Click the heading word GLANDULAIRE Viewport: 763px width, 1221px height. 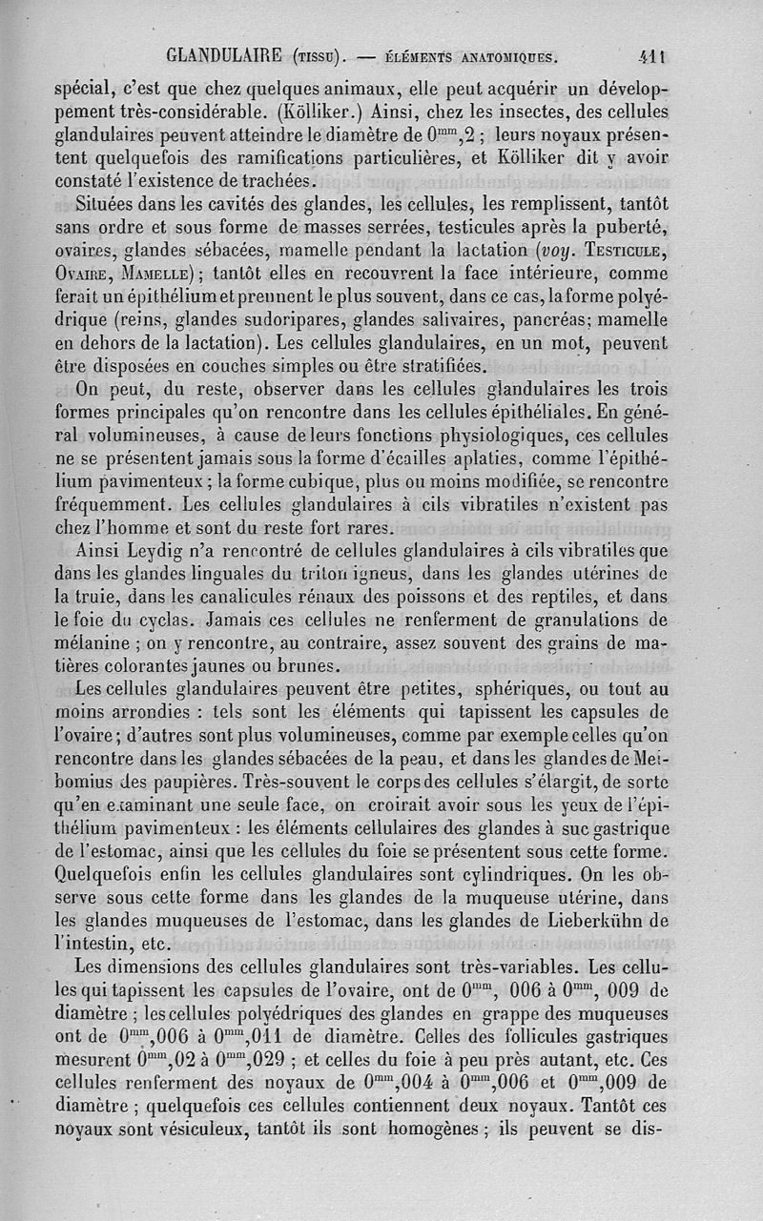pos(228,54)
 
